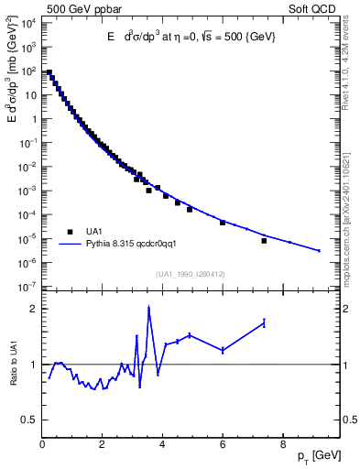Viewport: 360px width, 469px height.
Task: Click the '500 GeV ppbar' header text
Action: click(x=77, y=9)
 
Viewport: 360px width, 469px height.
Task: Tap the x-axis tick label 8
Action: click(x=283, y=446)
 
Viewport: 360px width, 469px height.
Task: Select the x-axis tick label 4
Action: click(x=163, y=446)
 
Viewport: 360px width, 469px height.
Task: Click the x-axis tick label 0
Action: click(x=43, y=446)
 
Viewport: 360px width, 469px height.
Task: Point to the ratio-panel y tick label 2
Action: click(x=32, y=309)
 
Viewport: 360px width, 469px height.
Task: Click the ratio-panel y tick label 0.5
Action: click(x=28, y=420)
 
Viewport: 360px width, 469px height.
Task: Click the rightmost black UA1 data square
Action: click(x=264, y=241)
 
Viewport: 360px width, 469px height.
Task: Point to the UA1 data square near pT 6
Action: click(x=223, y=223)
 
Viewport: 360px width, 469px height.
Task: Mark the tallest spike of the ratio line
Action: click(x=148, y=308)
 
